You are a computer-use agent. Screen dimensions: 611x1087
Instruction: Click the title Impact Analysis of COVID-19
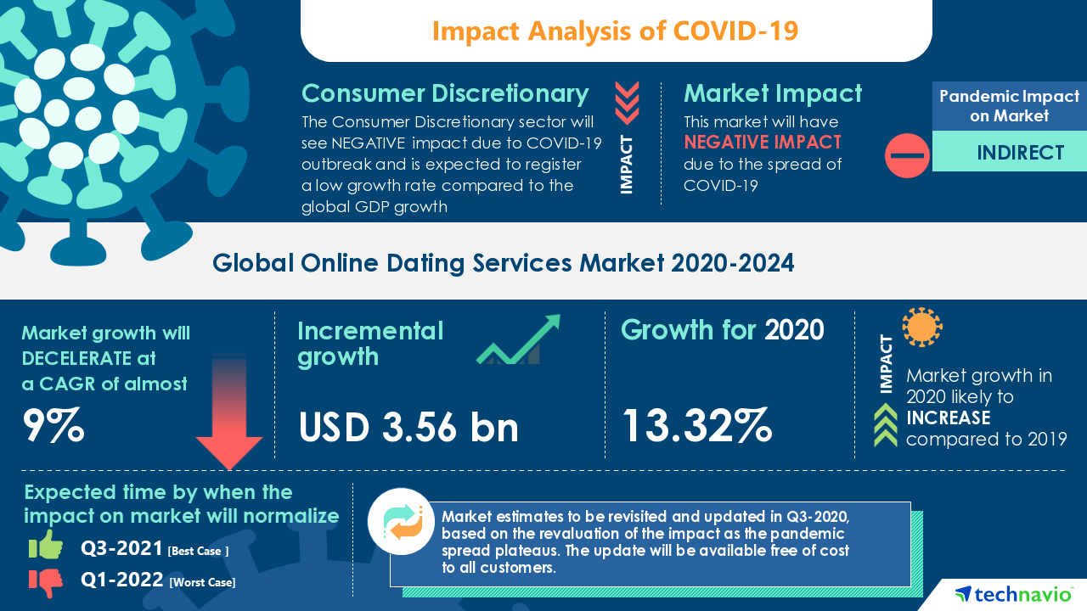point(616,31)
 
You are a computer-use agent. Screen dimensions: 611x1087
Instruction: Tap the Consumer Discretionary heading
point(445,93)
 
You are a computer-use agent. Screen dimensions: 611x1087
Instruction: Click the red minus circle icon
point(907,155)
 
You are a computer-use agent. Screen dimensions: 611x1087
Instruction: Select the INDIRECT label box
point(1009,153)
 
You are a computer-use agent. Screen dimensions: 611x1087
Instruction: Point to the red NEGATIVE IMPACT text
point(763,142)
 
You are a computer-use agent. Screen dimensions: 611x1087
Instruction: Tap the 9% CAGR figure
point(54,426)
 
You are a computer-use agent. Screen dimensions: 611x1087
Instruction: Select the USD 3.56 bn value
point(408,427)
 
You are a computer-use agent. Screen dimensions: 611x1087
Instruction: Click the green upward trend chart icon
point(518,341)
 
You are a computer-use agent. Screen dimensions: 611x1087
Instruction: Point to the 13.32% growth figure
point(697,425)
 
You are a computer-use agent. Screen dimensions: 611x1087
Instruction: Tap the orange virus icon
point(921,327)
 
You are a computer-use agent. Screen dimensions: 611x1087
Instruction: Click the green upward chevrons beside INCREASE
point(886,424)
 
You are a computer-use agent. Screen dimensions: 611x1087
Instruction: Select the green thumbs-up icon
point(46,547)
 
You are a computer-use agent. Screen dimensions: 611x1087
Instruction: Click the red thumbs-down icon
point(46,581)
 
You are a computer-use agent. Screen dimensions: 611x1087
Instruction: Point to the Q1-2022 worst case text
point(158,581)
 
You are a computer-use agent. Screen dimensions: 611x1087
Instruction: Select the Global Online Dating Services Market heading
point(503,264)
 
